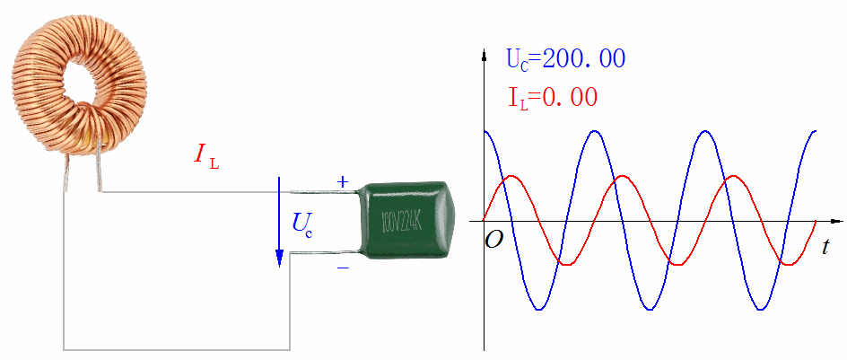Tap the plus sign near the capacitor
(x=342, y=182)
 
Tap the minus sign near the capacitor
(x=342, y=268)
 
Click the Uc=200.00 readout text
(x=565, y=60)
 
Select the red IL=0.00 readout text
(x=553, y=97)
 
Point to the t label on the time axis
(x=825, y=248)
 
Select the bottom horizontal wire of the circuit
(x=176, y=348)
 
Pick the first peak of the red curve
(x=510, y=176)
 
